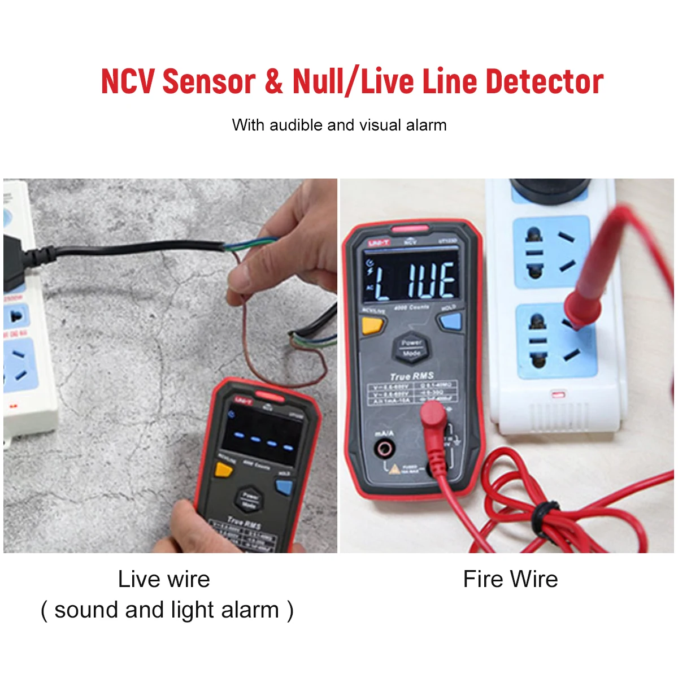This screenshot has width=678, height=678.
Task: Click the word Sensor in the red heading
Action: [208, 81]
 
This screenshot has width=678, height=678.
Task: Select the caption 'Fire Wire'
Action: [510, 579]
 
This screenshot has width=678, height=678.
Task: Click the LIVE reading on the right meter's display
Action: [415, 281]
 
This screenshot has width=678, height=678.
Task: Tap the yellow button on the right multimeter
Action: [372, 325]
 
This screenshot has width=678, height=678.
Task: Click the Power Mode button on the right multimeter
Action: [411, 347]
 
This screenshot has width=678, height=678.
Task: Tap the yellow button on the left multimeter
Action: [224, 470]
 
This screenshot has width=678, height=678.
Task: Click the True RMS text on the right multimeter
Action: [412, 376]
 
